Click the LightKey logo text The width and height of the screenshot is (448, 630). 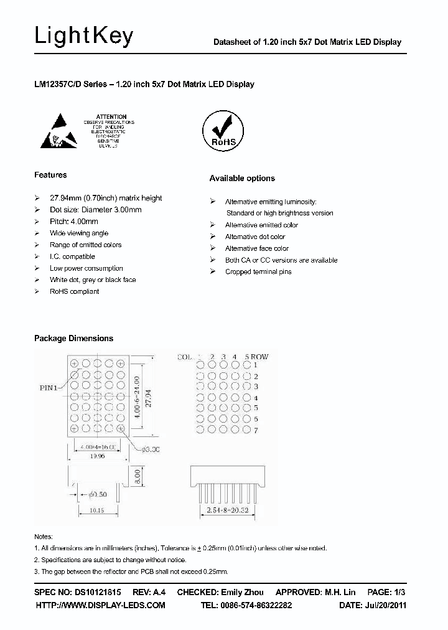[83, 37]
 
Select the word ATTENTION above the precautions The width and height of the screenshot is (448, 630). [112, 116]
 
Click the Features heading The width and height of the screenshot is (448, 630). [50, 175]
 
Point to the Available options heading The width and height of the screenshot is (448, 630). [242, 179]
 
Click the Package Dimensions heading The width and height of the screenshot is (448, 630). [73, 339]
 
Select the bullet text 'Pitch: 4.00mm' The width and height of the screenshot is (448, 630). [74, 222]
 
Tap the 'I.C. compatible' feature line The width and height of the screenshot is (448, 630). [72, 256]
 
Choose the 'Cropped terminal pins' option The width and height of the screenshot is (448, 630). [258, 272]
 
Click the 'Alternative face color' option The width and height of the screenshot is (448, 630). [256, 248]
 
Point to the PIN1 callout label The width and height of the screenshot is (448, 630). [48, 387]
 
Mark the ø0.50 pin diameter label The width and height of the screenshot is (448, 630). [96, 494]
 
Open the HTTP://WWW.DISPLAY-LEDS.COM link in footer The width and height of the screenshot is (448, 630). [100, 605]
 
